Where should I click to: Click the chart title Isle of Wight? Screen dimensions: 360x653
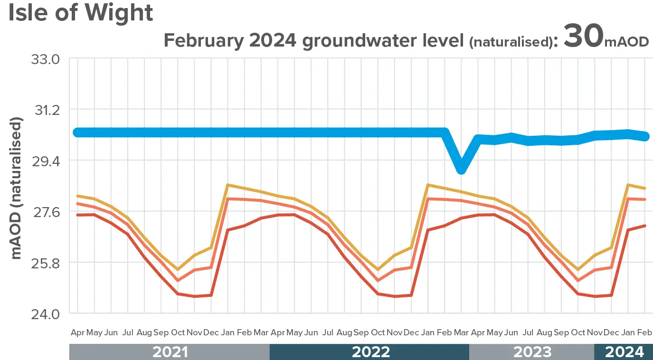pyautogui.click(x=81, y=13)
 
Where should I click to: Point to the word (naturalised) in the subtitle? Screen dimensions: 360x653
pyautogui.click(x=511, y=42)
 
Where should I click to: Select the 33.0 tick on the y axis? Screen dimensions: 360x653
pyautogui.click(x=46, y=59)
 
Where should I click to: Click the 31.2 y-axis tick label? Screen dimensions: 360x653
pyautogui.click(x=46, y=110)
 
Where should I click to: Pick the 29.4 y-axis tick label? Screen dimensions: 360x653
pyautogui.click(x=46, y=161)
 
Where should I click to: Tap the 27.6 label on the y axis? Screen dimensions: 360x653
pyautogui.click(x=46, y=212)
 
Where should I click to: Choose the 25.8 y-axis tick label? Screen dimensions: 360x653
pyautogui.click(x=46, y=263)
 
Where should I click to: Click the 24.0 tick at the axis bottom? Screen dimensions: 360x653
pyautogui.click(x=46, y=314)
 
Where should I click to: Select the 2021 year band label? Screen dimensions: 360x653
pyautogui.click(x=170, y=352)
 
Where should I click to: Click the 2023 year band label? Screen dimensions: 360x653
pyautogui.click(x=532, y=352)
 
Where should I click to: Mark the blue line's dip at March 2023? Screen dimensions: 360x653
pyautogui.click(x=461, y=169)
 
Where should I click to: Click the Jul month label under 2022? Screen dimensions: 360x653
pyautogui.click(x=328, y=332)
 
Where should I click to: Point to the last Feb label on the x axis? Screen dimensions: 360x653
pyautogui.click(x=644, y=332)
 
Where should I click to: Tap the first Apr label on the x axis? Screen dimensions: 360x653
pyautogui.click(x=77, y=332)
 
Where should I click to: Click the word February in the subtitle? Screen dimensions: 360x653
pyautogui.click(x=203, y=41)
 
